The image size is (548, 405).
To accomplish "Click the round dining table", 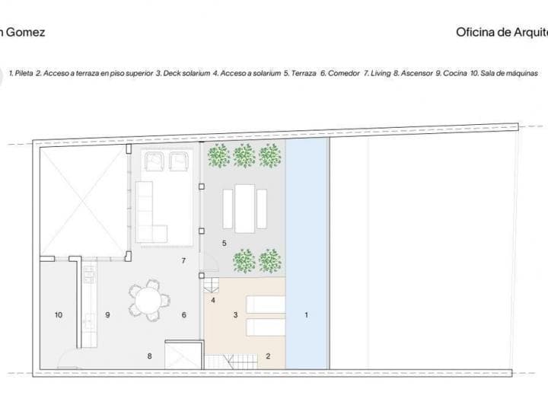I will (145, 299).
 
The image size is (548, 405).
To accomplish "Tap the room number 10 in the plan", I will (58, 314).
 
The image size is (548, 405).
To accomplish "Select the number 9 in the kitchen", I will (108, 314).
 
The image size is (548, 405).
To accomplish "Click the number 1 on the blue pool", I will (307, 314).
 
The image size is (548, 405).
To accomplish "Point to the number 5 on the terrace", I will (224, 243).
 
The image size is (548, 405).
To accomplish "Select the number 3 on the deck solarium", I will (235, 314).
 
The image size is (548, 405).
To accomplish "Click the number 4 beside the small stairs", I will (213, 300).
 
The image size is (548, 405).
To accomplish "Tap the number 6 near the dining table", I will (184, 314).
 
